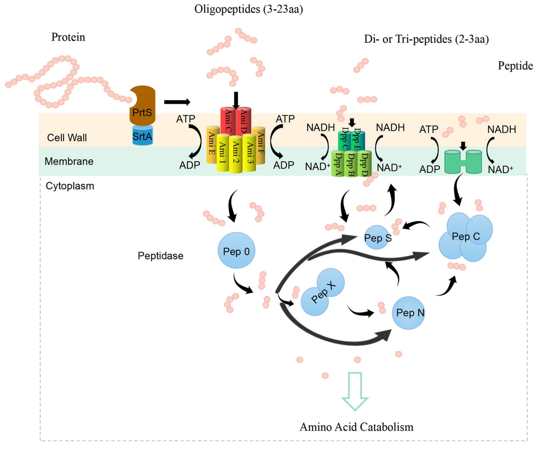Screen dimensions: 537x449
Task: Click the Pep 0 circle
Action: pyautogui.click(x=236, y=250)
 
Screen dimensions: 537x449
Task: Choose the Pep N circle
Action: pyautogui.click(x=408, y=313)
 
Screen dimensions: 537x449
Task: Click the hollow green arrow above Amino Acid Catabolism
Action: pyautogui.click(x=355, y=391)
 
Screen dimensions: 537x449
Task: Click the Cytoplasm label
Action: pyautogui.click(x=70, y=186)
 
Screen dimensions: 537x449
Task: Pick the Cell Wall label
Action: pyautogui.click(x=67, y=138)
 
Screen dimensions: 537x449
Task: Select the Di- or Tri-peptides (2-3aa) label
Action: pyautogui.click(x=426, y=39)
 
